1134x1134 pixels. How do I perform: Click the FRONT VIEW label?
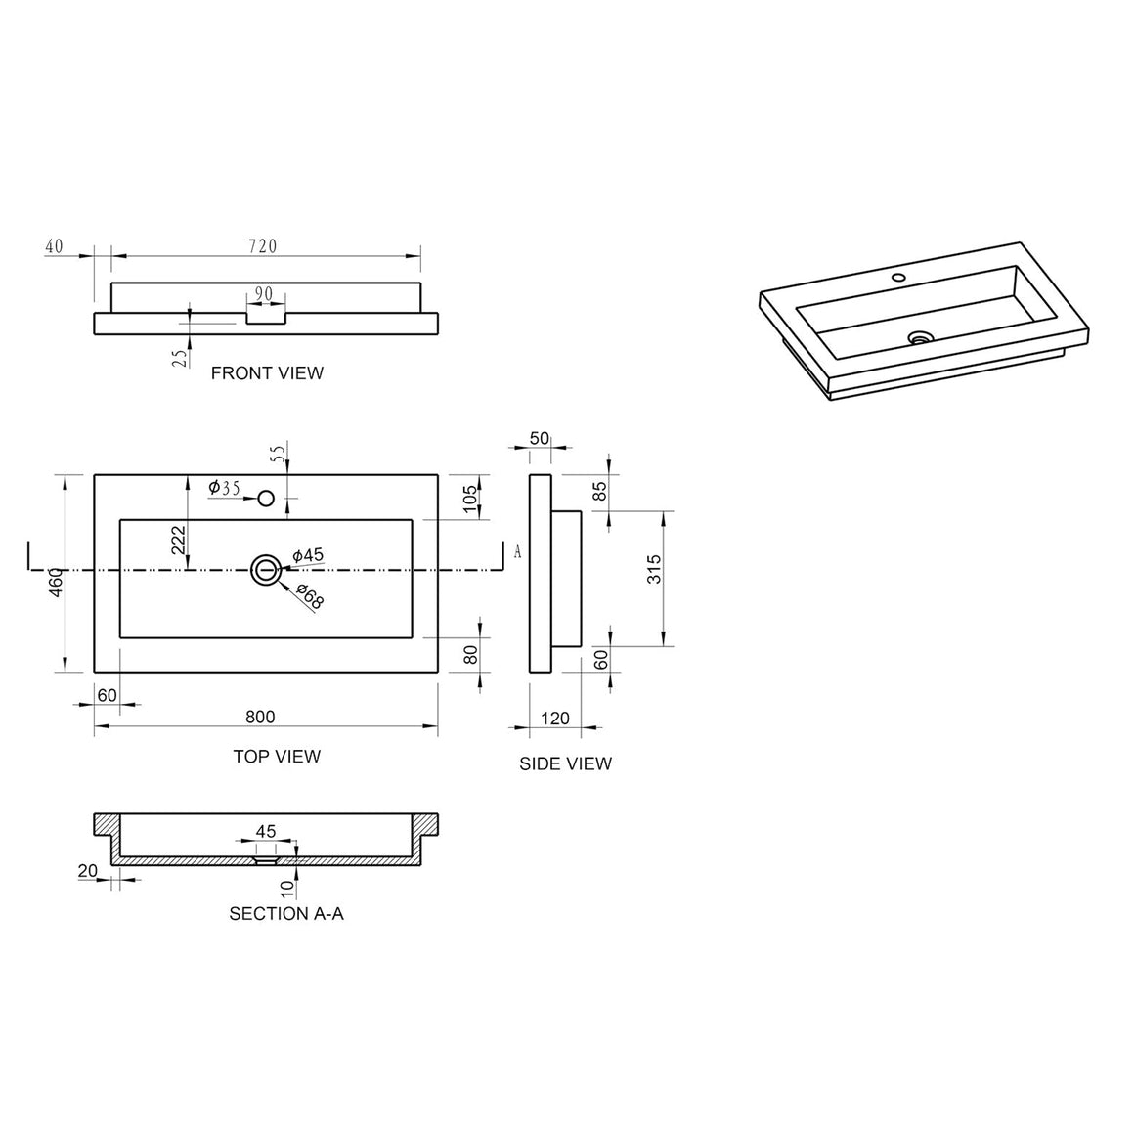pyautogui.click(x=267, y=373)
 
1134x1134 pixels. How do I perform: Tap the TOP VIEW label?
pyautogui.click(x=277, y=757)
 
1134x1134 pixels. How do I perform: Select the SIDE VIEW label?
pyautogui.click(x=566, y=763)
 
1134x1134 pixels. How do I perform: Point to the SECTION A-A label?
pyautogui.click(x=286, y=914)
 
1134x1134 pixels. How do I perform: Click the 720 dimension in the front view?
pyautogui.click(x=263, y=246)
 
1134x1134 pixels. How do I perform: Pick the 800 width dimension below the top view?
pyautogui.click(x=260, y=717)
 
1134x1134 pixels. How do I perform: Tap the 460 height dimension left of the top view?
pyautogui.click(x=57, y=583)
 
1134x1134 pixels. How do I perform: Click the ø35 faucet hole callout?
pyautogui.click(x=224, y=488)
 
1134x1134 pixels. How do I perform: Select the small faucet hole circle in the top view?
pyautogui.click(x=266, y=499)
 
